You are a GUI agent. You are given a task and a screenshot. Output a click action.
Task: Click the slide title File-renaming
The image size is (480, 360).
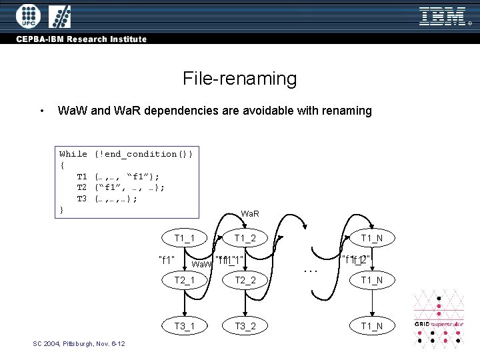coord(239,79)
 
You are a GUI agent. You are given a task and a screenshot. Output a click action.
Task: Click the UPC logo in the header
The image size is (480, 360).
coord(27,15)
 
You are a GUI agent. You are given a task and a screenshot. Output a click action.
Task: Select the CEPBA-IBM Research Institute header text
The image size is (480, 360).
coord(81,39)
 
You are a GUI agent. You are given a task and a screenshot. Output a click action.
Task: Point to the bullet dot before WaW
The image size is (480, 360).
coord(42,111)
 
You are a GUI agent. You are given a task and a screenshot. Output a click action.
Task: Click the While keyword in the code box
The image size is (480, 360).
coord(73,154)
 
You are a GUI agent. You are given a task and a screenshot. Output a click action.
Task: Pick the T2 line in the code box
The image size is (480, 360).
coord(120,187)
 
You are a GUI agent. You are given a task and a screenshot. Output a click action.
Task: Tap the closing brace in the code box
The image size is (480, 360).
coord(62,209)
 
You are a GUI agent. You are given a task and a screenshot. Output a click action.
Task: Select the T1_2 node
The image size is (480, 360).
coord(245,239)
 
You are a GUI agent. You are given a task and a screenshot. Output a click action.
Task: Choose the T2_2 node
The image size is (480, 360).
coord(245,280)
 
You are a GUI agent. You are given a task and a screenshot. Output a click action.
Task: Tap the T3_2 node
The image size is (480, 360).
coord(245,325)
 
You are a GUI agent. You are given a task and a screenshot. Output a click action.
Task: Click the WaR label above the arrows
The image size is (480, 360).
coord(250,214)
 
